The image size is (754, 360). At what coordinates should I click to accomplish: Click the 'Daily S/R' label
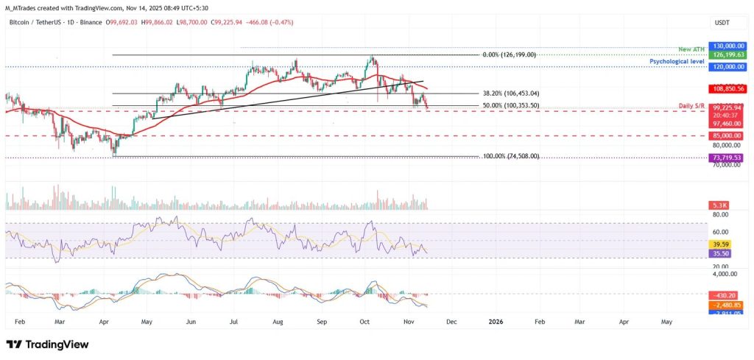coord(691,105)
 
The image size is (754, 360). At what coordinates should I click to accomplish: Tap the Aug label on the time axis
coord(279,322)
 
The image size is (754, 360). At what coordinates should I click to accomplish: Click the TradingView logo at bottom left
coord(47,345)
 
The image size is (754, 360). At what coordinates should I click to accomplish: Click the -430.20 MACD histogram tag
coord(725,294)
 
